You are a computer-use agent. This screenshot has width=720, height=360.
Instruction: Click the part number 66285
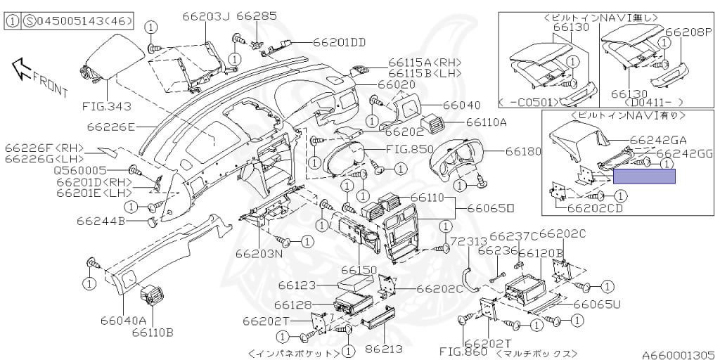tap(257, 15)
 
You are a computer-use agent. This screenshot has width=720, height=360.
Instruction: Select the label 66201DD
tap(340, 42)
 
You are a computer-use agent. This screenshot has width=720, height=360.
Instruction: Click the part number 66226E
tap(110, 127)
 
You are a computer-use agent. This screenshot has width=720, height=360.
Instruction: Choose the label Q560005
tap(80, 170)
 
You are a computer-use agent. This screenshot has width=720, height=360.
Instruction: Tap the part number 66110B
tap(152, 332)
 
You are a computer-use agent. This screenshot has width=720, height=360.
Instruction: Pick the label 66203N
tap(259, 253)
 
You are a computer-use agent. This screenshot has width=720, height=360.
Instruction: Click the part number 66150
tap(359, 270)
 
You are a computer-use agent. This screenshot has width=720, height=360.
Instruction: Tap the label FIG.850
tap(409, 150)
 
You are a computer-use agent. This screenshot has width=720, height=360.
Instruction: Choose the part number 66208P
tap(688, 32)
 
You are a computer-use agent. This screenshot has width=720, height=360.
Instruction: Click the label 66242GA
tap(658, 140)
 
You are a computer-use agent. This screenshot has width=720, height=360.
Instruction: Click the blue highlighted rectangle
tap(644, 176)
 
